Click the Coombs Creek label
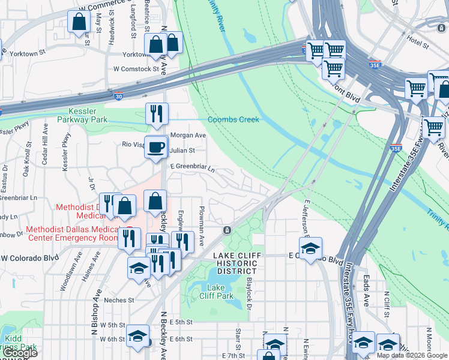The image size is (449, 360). coord(233,119)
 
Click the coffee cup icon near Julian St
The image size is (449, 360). coord(156,146)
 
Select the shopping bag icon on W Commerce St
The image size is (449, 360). coord(79,22)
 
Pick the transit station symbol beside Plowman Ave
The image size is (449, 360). coord(227,230)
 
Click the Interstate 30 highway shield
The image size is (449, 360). coord(118,96)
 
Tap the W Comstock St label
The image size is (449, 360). coord(136,69)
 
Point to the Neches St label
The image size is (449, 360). coord(118,300)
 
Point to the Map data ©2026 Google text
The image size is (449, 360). coord(412,355)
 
